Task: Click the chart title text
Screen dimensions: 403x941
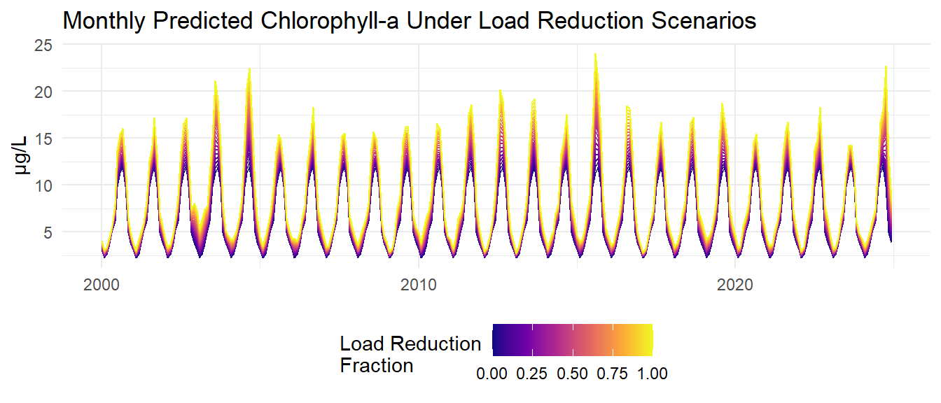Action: point(410,21)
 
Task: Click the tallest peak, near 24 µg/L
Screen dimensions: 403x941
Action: point(595,55)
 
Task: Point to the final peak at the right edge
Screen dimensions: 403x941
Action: point(886,67)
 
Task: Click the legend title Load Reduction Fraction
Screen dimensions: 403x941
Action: point(410,354)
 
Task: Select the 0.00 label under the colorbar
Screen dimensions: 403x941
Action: point(492,374)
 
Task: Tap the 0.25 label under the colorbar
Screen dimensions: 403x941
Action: point(532,374)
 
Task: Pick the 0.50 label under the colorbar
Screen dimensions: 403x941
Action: point(573,374)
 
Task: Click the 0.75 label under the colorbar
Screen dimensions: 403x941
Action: point(613,374)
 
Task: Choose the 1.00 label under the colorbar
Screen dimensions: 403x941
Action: point(653,374)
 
